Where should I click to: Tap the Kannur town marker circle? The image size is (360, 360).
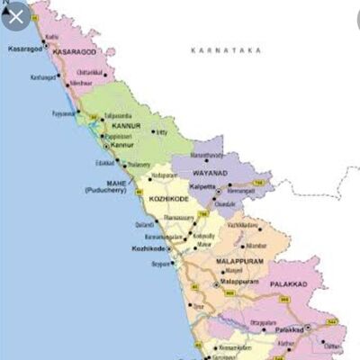[107, 145]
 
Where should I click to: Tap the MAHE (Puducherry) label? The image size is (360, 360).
[109, 187]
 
